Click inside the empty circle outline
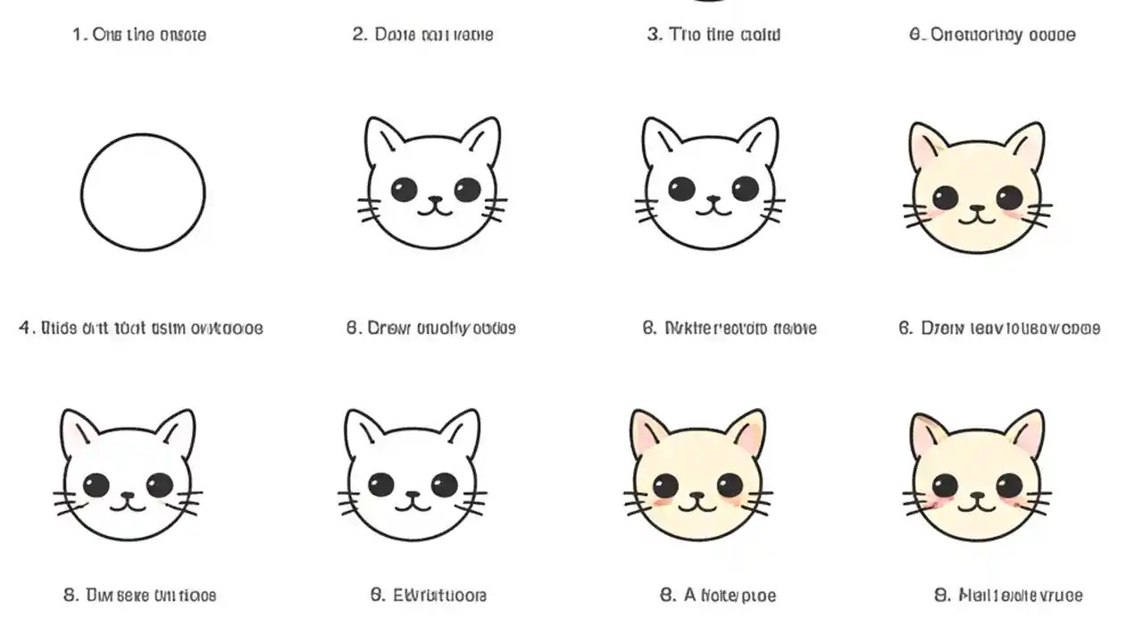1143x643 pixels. [x=143, y=192]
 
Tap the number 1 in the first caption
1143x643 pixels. [x=78, y=35]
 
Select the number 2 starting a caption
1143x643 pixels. [x=359, y=35]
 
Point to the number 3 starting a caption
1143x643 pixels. [x=654, y=35]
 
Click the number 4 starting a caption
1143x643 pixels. [x=24, y=328]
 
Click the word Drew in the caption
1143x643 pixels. [x=389, y=328]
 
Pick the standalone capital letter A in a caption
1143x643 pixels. [x=690, y=595]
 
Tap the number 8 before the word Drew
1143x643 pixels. [x=353, y=328]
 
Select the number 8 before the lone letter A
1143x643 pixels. [x=666, y=595]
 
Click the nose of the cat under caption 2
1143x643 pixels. [x=435, y=199]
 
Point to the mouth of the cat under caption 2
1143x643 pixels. [x=435, y=210]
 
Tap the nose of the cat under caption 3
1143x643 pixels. [x=713, y=199]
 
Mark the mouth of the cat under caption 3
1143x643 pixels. [x=713, y=210]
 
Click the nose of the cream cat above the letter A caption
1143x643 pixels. [x=697, y=494]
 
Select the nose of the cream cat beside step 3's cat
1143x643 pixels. [x=977, y=206]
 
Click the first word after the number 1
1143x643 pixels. [x=104, y=35]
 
